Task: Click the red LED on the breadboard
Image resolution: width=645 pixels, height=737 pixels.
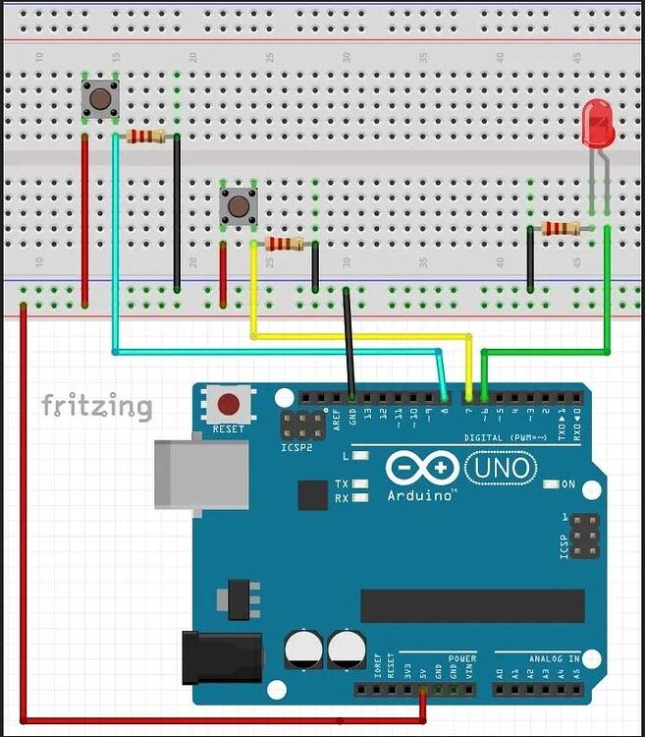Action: coord(596,125)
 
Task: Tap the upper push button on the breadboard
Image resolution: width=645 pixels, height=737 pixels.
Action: coord(99,97)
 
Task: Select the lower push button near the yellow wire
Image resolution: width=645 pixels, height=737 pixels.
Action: coord(237,205)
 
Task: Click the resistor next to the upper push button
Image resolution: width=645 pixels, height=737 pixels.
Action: coord(145,137)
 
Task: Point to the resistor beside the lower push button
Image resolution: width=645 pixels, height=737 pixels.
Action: coord(284,244)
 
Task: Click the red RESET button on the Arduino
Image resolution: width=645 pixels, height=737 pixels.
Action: coord(229,404)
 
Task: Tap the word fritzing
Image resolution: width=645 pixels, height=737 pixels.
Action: coord(96,406)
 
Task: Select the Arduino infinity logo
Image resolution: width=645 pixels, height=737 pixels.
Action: coord(421,468)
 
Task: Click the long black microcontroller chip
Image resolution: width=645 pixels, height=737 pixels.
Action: coord(472,605)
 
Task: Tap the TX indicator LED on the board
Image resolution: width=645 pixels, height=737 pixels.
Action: coord(361,484)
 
